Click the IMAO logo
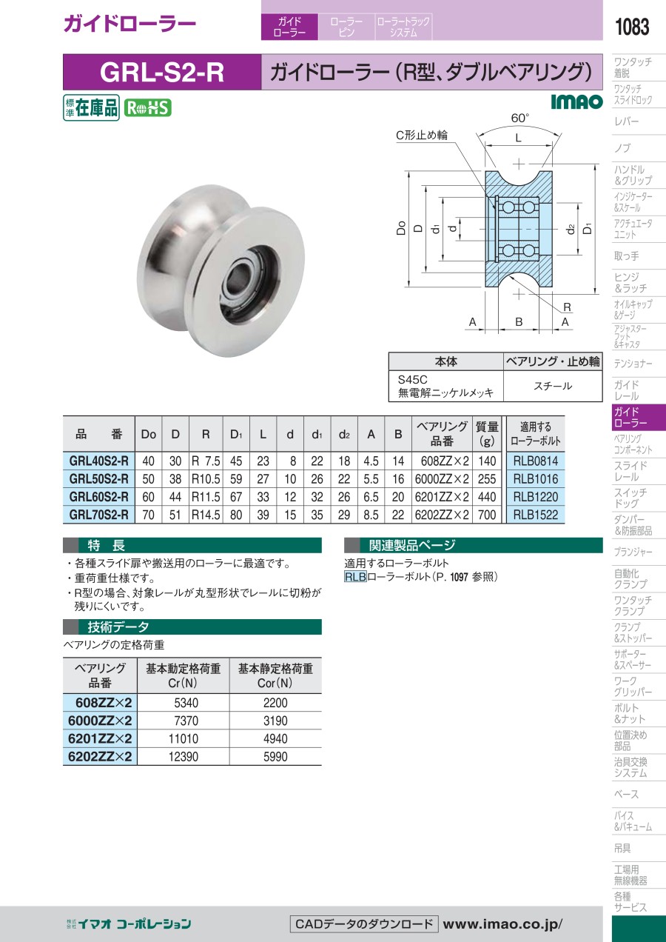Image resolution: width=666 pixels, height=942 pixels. [577, 101]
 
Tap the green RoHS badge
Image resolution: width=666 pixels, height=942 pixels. [148, 108]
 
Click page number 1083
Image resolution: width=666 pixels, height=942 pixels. [632, 27]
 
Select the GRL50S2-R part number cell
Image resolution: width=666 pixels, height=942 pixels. [98, 479]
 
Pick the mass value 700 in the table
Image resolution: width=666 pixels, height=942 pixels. [487, 515]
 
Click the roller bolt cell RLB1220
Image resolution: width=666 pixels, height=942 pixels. [535, 497]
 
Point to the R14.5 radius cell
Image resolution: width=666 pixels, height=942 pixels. [206, 515]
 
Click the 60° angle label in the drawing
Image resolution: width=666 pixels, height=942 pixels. [520, 118]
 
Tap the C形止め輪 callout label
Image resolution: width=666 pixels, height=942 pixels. [422, 135]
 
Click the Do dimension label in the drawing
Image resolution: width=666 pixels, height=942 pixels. [401, 228]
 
